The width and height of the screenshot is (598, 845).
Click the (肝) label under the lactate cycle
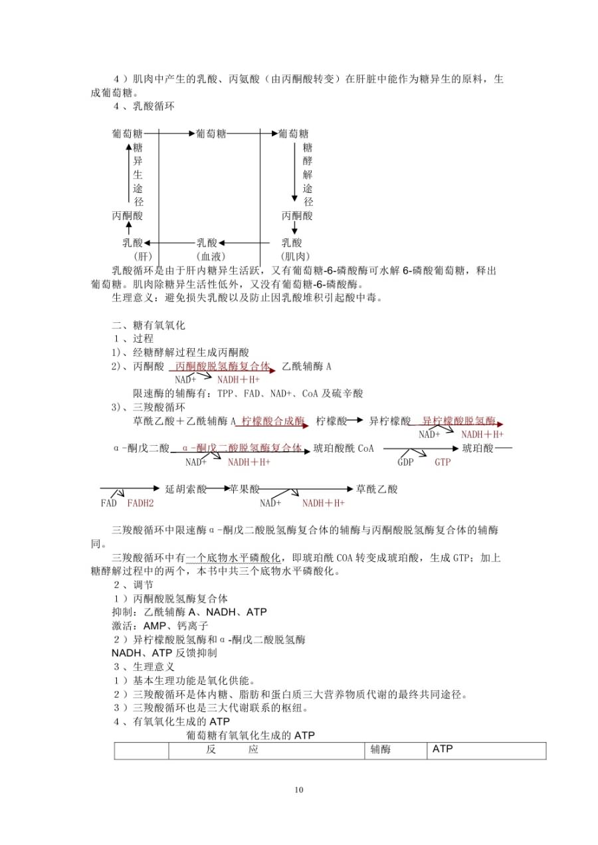pos(143,256)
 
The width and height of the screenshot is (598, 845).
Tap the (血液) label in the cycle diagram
pos(211,256)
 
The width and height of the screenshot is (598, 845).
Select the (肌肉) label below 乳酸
pos(294,256)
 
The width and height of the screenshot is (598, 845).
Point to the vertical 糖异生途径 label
pos(138,174)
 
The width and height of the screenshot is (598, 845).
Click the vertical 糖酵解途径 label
pos(307,174)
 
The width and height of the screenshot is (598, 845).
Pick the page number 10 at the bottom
pos(298,789)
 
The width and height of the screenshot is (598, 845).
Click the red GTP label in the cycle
pos(443,462)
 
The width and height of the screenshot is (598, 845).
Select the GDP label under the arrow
pos(405,462)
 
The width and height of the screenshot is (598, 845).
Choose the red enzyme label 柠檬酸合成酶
pos(273,421)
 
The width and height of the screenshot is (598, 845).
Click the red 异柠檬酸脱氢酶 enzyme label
pos(458,421)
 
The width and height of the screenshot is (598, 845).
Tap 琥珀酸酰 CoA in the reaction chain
pos(344,448)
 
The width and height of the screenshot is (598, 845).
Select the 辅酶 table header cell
pos(381,749)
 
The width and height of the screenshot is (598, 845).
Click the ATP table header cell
pos(443,749)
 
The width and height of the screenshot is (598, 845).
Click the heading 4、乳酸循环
pos(144,106)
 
